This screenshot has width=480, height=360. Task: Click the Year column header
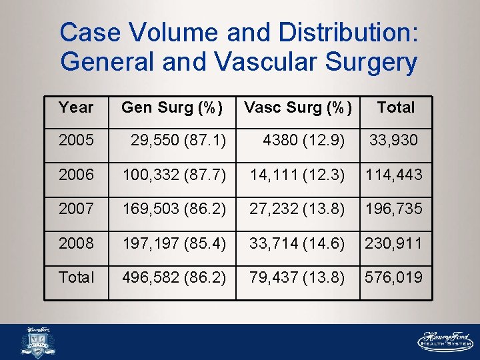click(75, 107)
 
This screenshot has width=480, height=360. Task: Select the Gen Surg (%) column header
click(171, 107)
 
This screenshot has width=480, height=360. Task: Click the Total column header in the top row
click(395, 107)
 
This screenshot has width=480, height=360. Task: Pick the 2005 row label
click(76, 140)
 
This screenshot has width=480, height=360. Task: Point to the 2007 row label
click(76, 209)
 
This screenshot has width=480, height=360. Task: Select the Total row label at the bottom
click(77, 277)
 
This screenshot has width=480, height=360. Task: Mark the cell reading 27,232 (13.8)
click(297, 209)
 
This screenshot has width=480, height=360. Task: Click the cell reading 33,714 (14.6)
click(297, 243)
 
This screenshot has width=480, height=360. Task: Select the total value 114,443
click(393, 175)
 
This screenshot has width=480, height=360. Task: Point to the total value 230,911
click(393, 243)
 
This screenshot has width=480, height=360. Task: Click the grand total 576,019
click(393, 277)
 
